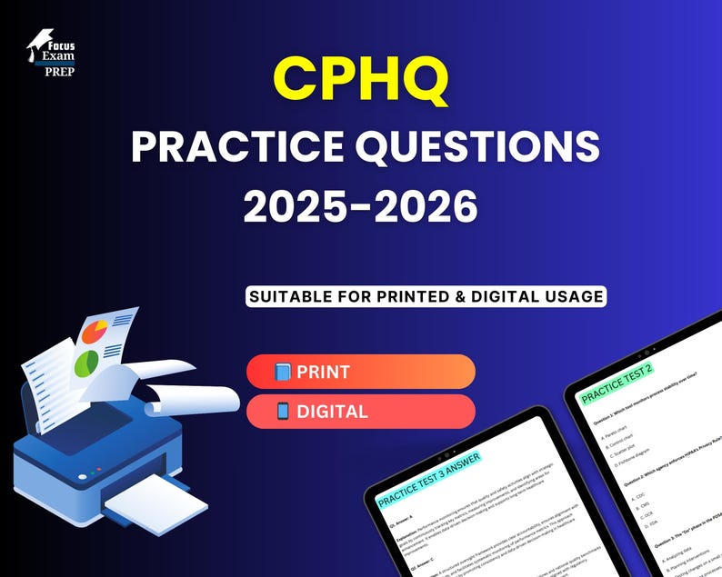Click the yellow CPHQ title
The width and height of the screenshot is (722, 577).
pyautogui.click(x=361, y=80)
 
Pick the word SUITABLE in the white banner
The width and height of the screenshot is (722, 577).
pyautogui.click(x=291, y=296)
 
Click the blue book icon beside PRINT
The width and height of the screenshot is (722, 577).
pyautogui.click(x=283, y=372)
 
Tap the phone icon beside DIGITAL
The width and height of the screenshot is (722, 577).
pyautogui.click(x=283, y=411)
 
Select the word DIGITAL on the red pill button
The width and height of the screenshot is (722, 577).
pyautogui.click(x=332, y=411)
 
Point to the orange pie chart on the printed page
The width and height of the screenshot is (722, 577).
pyautogui.click(x=95, y=332)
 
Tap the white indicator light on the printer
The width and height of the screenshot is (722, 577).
pyautogui.click(x=83, y=476)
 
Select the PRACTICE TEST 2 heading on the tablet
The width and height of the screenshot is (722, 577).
pyautogui.click(x=617, y=380)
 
